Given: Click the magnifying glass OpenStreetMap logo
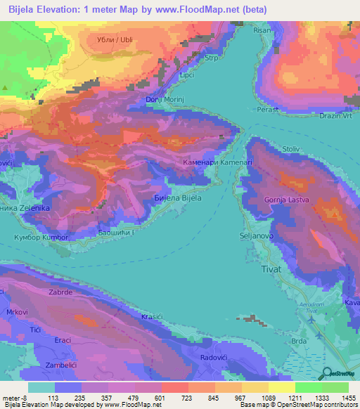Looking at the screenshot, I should click(325, 375).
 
